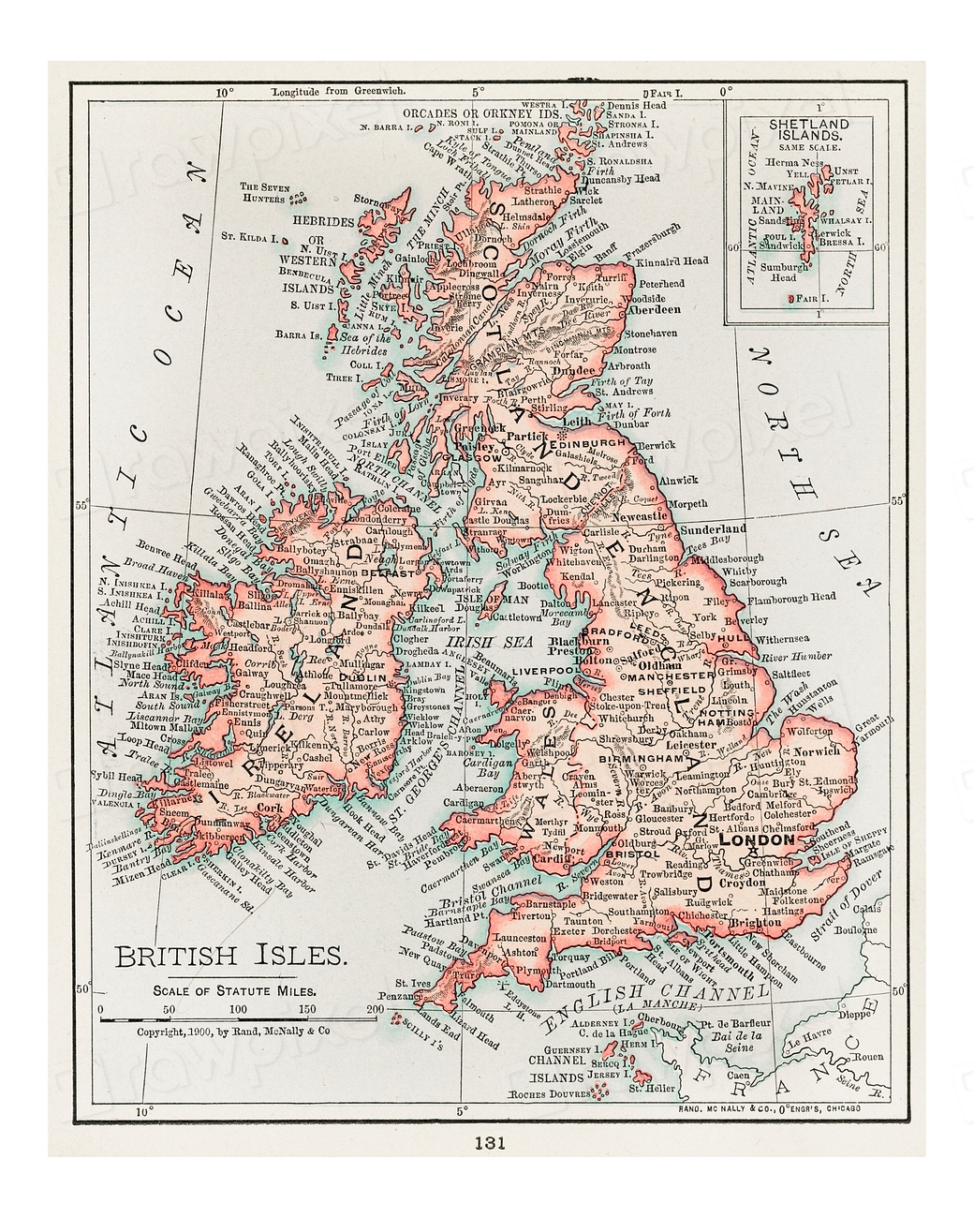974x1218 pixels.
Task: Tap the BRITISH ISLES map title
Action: [x=230, y=956]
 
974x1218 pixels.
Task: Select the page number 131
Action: [x=490, y=1142]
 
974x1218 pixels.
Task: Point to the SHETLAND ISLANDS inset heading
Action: [x=808, y=129]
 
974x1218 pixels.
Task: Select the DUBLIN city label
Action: [x=362, y=676]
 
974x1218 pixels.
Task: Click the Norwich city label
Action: [x=816, y=751]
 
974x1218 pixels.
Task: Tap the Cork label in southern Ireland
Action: [x=270, y=807]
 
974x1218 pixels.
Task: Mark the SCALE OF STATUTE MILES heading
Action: [x=235, y=989]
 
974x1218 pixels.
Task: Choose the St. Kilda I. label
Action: [x=250, y=239]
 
